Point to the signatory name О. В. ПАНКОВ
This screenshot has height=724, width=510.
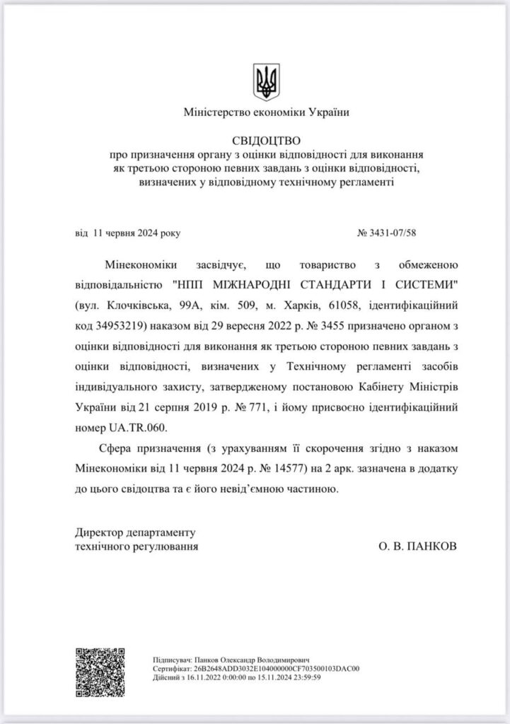[418, 547]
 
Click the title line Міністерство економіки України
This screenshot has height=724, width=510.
[265, 112]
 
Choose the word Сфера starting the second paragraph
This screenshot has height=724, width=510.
[117, 450]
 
